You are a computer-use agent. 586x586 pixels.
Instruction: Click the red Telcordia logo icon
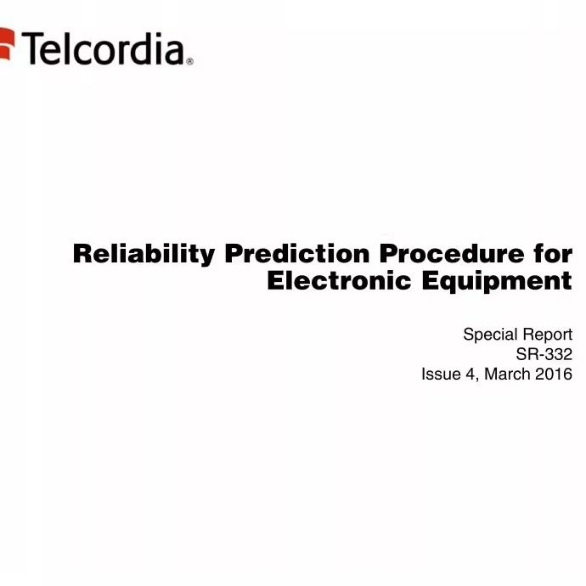pyautogui.click(x=7, y=44)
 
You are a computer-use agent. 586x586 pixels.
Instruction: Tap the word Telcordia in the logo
pyautogui.click(x=103, y=48)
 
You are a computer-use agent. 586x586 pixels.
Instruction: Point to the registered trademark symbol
pyautogui.click(x=189, y=61)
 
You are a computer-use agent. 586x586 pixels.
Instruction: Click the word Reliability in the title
pyautogui.click(x=144, y=255)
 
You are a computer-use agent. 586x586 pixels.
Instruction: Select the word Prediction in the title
pyautogui.click(x=297, y=253)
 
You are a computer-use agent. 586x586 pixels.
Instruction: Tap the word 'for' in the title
pyautogui.click(x=553, y=253)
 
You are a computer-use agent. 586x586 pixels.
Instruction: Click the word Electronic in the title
pyautogui.click(x=340, y=280)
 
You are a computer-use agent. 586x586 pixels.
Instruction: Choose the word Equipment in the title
pyautogui.click(x=497, y=282)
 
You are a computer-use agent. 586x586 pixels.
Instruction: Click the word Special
pyautogui.click(x=486, y=335)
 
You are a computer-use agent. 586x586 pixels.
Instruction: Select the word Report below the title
pyautogui.click(x=543, y=335)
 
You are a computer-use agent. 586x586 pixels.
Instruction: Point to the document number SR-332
pyautogui.click(x=544, y=354)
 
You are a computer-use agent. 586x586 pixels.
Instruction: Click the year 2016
pyautogui.click(x=554, y=374)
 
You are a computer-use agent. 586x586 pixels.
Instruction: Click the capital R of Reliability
pyautogui.click(x=82, y=254)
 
